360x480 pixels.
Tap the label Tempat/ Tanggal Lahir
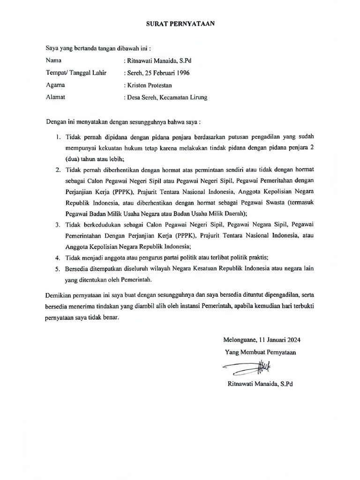click(76, 73)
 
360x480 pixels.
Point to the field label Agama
click(55, 85)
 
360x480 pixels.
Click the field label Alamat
click(55, 97)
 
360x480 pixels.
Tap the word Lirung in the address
click(197, 97)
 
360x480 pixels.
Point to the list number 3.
click(57, 225)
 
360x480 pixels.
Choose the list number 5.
click(57, 269)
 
